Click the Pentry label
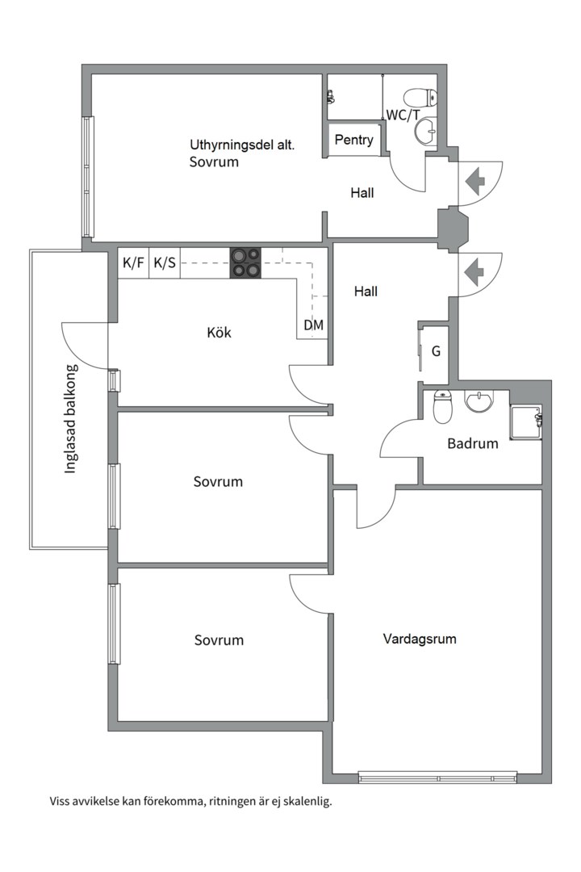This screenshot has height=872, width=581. tap(354, 140)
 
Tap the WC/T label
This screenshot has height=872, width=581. tap(403, 115)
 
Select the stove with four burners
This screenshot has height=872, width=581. tap(246, 262)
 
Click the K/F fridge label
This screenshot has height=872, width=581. tap(133, 262)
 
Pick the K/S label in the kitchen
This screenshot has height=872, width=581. tap(165, 262)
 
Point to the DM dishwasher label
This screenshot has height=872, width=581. tap(314, 325)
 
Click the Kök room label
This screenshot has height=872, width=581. tap(219, 332)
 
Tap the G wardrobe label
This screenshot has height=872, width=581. tap(437, 352)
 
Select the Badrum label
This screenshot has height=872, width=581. tap(473, 443)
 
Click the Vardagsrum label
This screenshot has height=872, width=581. tap(420, 639)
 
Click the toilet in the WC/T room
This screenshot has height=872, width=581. tap(421, 98)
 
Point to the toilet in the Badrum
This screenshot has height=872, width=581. tap(442, 408)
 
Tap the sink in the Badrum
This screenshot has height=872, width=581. tap(479, 401)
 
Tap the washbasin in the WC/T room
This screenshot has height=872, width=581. tap(425, 129)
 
